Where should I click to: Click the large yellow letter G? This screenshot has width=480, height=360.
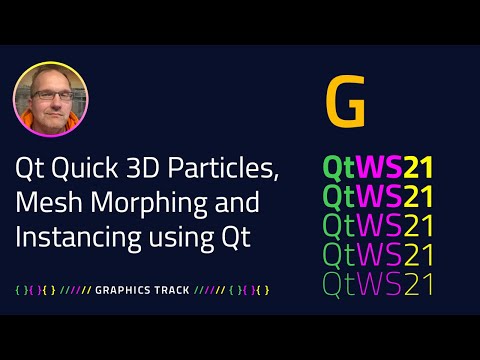pos(345,104)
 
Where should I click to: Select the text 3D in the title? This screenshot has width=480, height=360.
pos(133,169)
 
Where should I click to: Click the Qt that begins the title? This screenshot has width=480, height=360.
pos(29,169)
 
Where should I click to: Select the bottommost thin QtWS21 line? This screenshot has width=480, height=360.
pos(378,284)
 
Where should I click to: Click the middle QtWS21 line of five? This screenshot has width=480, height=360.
pos(378,223)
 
